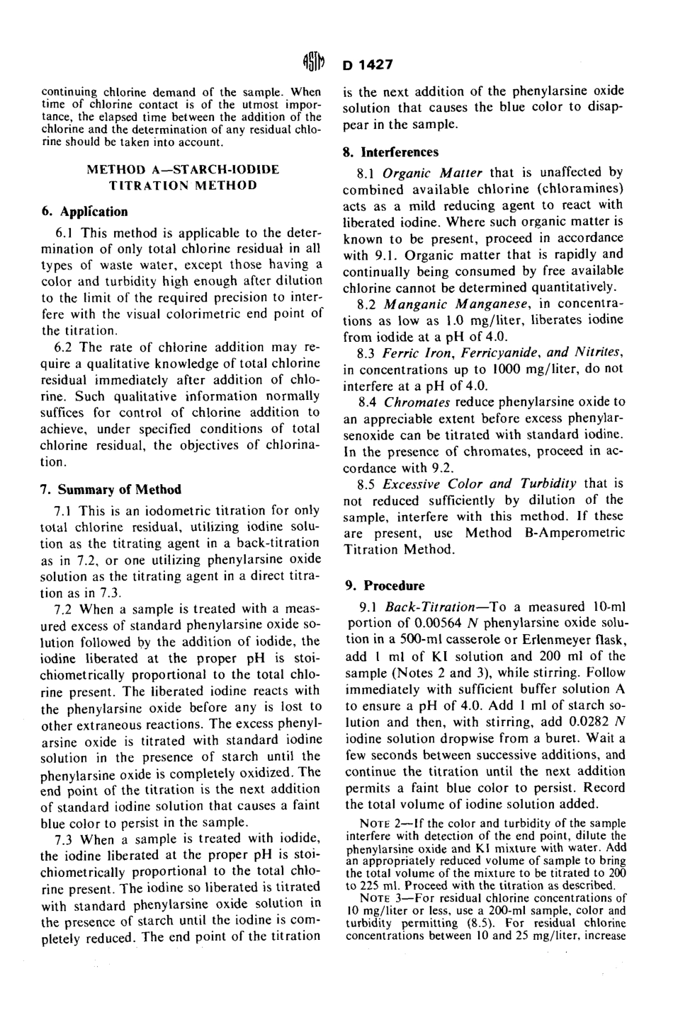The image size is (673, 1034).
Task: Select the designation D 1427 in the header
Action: [x=368, y=65]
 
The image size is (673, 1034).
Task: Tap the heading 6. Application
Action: [x=84, y=212]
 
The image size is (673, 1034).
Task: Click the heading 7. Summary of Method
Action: [x=111, y=489]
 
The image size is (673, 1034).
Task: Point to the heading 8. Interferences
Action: [x=391, y=152]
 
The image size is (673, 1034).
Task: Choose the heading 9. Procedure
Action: [x=385, y=585]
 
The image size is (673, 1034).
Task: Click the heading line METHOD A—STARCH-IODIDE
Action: [x=182, y=170]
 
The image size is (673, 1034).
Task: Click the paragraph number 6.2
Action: [x=65, y=347]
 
